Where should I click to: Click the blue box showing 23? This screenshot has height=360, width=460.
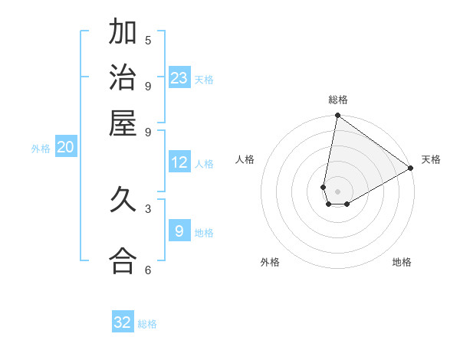pyautogui.click(x=179, y=78)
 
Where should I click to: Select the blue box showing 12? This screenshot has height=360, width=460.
pyautogui.click(x=179, y=162)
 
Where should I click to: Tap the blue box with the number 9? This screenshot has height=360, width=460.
pyautogui.click(x=179, y=231)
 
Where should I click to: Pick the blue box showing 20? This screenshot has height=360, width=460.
pyautogui.click(x=65, y=147)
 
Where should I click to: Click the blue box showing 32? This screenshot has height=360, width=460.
pyautogui.click(x=123, y=322)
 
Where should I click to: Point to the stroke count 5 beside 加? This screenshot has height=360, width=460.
pyautogui.click(x=148, y=40)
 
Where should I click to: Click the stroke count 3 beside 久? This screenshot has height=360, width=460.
pyautogui.click(x=148, y=208)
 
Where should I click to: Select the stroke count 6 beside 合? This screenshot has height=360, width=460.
pyautogui.click(x=148, y=270)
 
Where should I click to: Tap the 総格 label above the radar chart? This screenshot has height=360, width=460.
pyautogui.click(x=338, y=100)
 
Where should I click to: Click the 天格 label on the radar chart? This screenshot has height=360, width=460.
pyautogui.click(x=431, y=159)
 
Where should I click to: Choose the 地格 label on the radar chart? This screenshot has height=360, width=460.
pyautogui.click(x=402, y=262)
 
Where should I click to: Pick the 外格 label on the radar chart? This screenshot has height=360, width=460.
pyautogui.click(x=270, y=262)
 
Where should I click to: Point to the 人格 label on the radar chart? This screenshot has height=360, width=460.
pyautogui.click(x=245, y=159)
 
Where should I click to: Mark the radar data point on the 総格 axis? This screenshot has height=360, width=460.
pyautogui.click(x=337, y=116)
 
